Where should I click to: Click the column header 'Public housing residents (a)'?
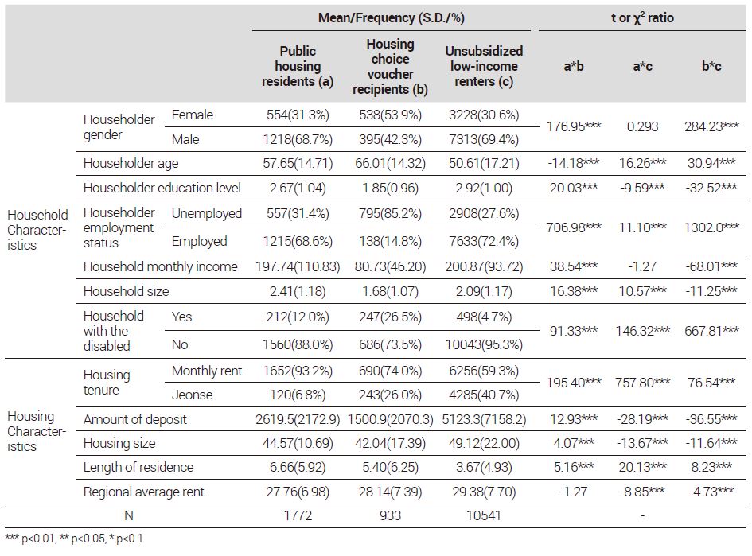coord(298,66)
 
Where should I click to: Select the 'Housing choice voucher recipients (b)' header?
coord(391,67)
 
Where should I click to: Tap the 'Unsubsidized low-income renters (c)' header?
coord(484,66)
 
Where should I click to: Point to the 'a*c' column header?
coord(643,66)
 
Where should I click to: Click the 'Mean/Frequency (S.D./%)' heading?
coord(392,18)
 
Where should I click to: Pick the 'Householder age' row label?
coord(131,163)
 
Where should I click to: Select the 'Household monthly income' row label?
coord(161,266)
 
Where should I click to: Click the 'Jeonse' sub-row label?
coord(193,395)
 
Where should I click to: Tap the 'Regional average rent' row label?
coord(144,492)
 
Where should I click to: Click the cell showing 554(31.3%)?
coord(298,115)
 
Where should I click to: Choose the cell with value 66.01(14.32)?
coord(391,163)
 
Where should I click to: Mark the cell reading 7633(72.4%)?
coord(484,241)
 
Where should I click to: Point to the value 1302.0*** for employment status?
coord(711,227)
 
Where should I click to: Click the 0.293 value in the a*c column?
coord(643,126)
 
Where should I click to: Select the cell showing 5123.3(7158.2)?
coord(484,419)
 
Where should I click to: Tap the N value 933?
coord(391,515)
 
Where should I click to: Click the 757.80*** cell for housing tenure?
coord(643,383)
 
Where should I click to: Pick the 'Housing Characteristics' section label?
coord(37,431)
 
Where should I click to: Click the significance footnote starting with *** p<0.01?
coord(74,539)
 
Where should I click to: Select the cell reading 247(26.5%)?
coord(391,317)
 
